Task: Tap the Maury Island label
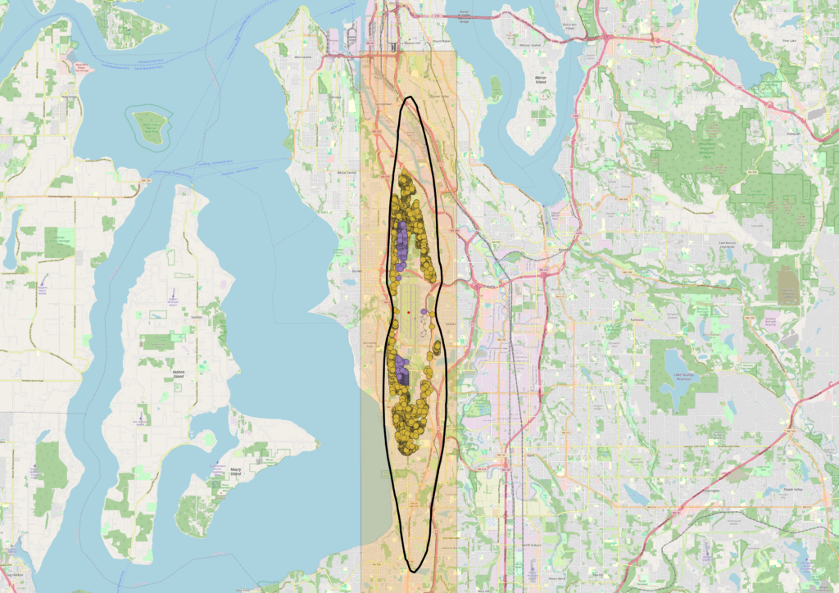[x=236, y=473]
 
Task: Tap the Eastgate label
[x=655, y=47]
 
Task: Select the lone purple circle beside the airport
[x=423, y=312]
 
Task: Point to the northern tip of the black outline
[x=410, y=98]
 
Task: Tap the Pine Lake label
[x=790, y=39]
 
